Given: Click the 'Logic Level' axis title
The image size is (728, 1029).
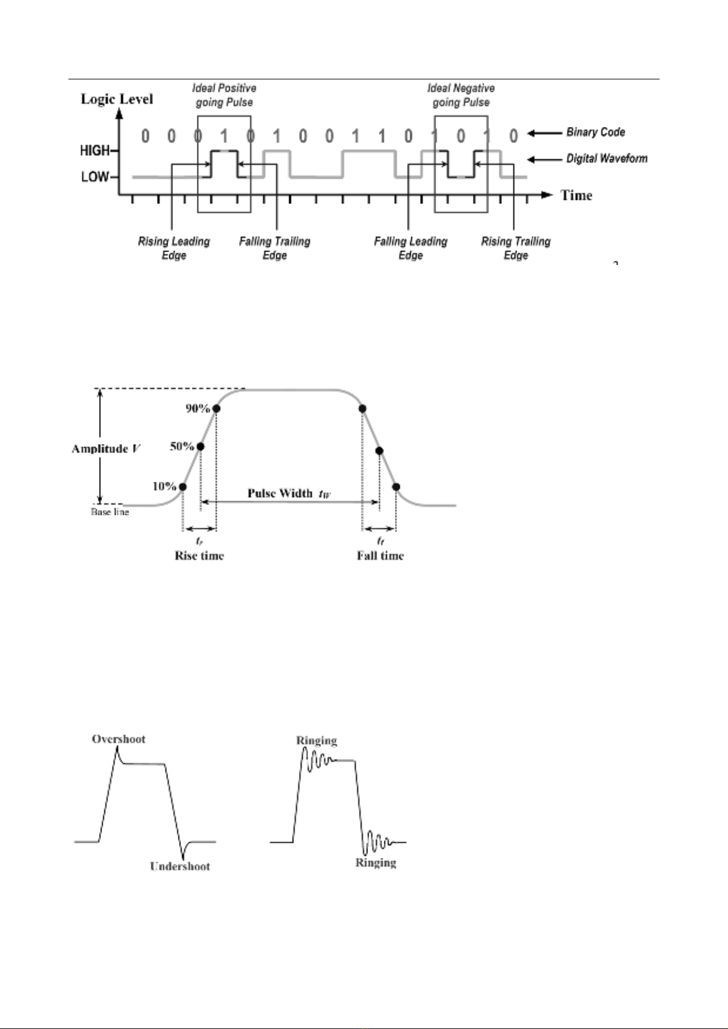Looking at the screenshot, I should (117, 99).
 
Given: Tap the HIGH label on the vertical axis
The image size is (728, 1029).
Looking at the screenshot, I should (95, 150).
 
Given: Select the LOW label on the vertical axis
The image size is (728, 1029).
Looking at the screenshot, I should (95, 177).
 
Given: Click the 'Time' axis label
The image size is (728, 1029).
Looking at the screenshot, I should (576, 195).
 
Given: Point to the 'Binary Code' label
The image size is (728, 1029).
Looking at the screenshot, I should (595, 132).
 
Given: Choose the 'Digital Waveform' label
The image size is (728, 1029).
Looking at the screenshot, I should (606, 159).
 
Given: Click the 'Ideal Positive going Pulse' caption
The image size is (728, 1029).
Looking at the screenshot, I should (224, 95).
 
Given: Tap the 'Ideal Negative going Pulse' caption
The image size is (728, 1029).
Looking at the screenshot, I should (461, 95).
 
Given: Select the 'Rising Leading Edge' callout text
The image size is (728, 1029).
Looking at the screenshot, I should (174, 248).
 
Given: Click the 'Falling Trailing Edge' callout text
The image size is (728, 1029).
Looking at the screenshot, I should (274, 248).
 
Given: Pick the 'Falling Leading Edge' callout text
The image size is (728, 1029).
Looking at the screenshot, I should (411, 248).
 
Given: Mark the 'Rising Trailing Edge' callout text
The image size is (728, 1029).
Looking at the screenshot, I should (516, 248).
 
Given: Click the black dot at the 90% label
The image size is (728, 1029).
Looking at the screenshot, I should (216, 408).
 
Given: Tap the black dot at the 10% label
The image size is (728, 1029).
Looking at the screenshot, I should (183, 487).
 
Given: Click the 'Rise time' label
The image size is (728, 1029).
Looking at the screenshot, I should (199, 556).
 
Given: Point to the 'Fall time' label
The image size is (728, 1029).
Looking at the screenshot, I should (380, 556).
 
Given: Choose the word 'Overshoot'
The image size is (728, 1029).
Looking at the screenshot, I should (119, 739).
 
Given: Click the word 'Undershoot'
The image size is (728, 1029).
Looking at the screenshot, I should (180, 866).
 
